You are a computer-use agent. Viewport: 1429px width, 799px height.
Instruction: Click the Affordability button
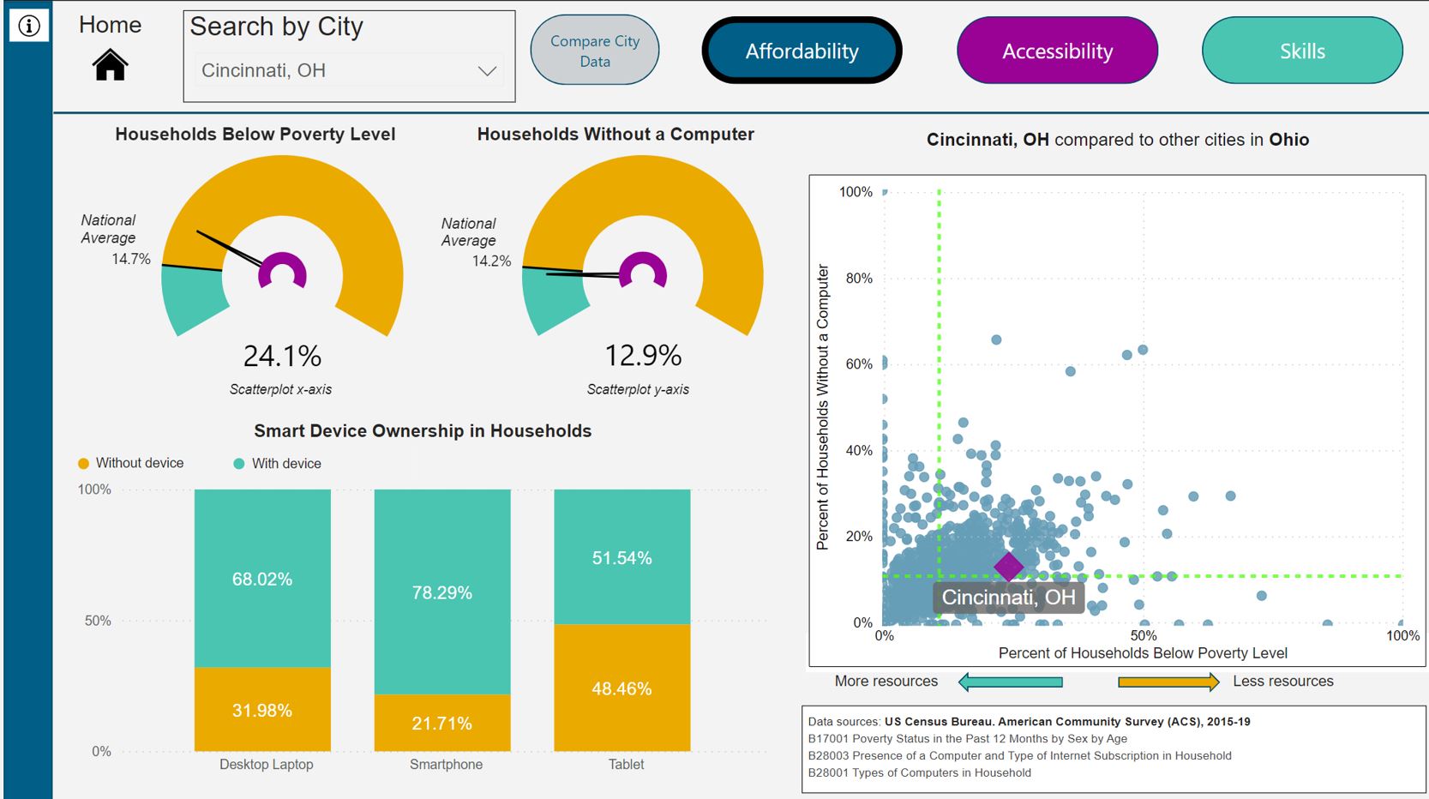pyautogui.click(x=802, y=51)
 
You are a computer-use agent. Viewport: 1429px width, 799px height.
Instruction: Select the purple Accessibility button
pyautogui.click(x=1057, y=51)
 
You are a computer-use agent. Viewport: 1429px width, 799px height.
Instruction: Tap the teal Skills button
pyautogui.click(x=1302, y=51)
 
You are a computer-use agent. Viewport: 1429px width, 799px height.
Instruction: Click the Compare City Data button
pyautogui.click(x=595, y=51)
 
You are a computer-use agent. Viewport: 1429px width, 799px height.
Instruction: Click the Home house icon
pyautogui.click(x=111, y=64)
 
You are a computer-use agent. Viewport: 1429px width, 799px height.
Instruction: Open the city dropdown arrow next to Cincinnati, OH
pyautogui.click(x=487, y=71)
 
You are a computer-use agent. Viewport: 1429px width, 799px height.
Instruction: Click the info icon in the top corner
pyautogui.click(x=29, y=26)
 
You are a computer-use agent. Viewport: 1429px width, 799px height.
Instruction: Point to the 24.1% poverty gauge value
pyautogui.click(x=282, y=356)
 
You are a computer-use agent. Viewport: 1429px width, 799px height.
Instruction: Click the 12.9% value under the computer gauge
pyautogui.click(x=643, y=355)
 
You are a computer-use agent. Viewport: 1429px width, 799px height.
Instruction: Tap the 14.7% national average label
pyautogui.click(x=131, y=259)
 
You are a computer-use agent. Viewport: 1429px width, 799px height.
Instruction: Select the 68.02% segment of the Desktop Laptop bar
pyautogui.click(x=262, y=579)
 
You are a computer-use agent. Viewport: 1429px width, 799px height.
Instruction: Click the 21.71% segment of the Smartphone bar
pyautogui.click(x=441, y=724)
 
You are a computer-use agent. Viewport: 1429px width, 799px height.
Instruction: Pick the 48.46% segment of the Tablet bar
pyautogui.click(x=621, y=688)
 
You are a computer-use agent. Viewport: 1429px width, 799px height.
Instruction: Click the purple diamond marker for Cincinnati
pyautogui.click(x=1009, y=567)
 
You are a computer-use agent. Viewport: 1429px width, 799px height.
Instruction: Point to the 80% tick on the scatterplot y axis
pyautogui.click(x=859, y=279)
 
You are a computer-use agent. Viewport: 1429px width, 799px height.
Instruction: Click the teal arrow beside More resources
pyautogui.click(x=1011, y=682)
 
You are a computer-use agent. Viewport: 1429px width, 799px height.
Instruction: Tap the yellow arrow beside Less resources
pyautogui.click(x=1168, y=682)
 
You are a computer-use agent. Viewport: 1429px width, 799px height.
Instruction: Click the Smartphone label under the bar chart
pyautogui.click(x=446, y=765)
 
